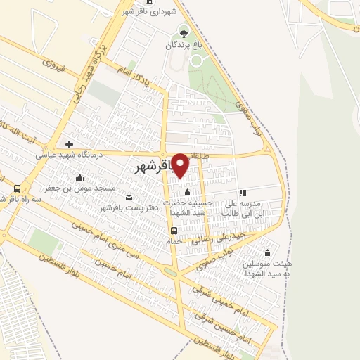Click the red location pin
[x=181, y=165]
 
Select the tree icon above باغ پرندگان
[x=184, y=32]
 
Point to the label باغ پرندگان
[x=185, y=44]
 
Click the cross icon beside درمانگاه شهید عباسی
[x=69, y=145]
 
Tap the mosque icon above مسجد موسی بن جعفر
[x=79, y=177]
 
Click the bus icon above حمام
[x=174, y=230]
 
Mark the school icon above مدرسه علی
[x=243, y=193]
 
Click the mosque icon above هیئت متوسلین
[x=266, y=253]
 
